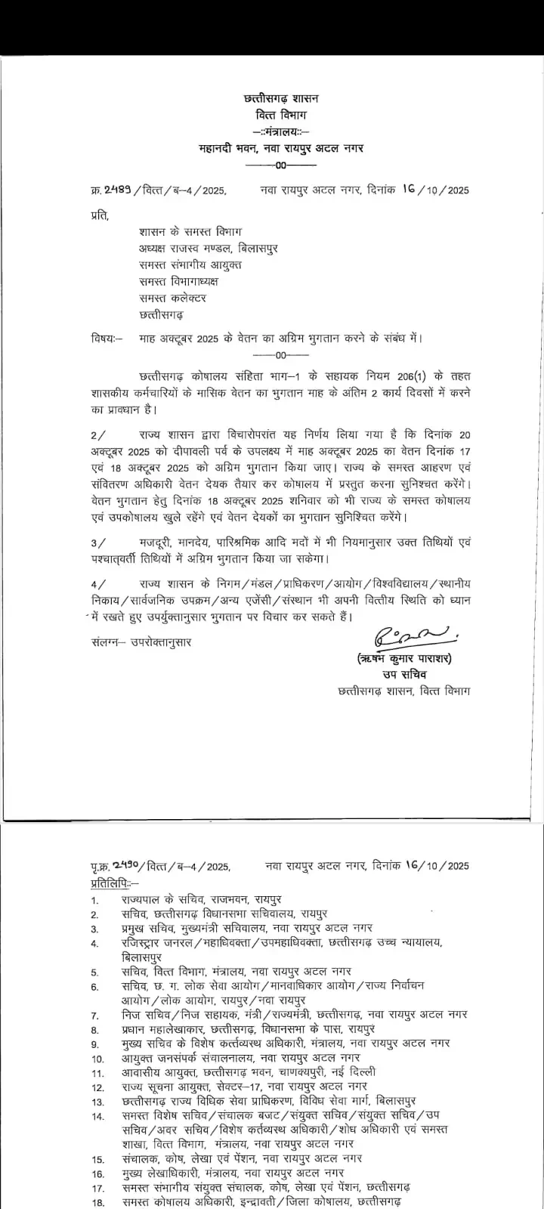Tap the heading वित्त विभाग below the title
click(x=282, y=116)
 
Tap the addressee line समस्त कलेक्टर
click(x=172, y=298)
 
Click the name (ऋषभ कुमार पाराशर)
click(x=405, y=659)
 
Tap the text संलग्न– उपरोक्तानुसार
click(x=141, y=642)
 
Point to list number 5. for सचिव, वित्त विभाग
click(x=94, y=972)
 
